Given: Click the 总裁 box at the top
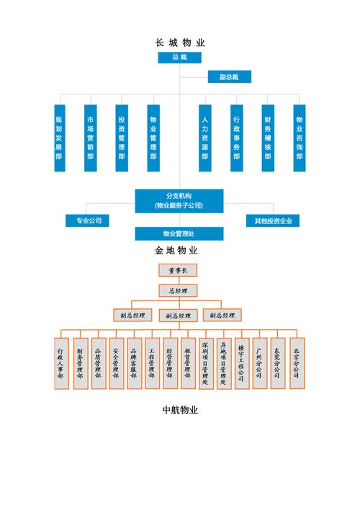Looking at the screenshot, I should click(179, 58).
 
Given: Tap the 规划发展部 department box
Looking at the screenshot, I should click(59, 137).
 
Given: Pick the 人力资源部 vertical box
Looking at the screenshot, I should click(204, 137).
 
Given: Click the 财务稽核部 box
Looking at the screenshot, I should click(268, 137).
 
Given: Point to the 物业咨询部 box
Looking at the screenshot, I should click(300, 137).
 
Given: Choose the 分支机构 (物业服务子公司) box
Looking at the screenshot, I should click(179, 200).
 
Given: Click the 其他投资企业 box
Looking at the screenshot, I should click(273, 220).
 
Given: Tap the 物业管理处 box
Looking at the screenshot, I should click(179, 233).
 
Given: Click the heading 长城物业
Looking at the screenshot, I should click(179, 42).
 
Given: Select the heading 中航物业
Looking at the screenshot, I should click(179, 411).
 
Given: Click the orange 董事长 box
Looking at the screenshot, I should click(177, 271).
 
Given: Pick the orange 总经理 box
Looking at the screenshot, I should click(177, 291).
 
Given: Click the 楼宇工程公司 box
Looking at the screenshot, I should click(242, 363).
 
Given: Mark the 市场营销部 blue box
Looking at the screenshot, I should click(91, 137).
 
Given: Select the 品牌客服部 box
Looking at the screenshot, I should click(133, 363).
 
